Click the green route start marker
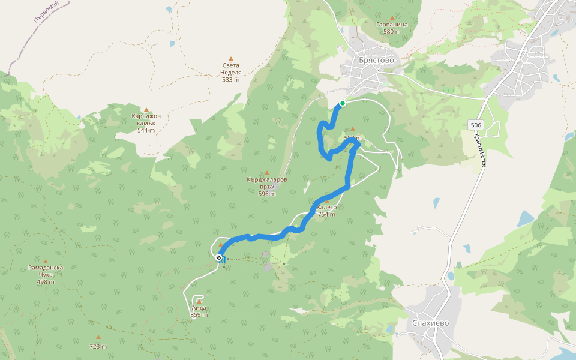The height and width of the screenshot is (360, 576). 342,103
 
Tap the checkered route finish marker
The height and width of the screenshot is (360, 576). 218,257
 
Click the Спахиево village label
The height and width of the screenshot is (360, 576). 430,323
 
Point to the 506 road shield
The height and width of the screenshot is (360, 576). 476,125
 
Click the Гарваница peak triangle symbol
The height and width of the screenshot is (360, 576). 392,18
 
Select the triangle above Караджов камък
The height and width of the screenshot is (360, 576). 146,110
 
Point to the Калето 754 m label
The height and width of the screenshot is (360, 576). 326,211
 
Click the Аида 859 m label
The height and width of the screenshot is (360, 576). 199,311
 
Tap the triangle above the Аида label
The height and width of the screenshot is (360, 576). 199,299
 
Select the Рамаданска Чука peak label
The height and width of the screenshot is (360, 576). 46,271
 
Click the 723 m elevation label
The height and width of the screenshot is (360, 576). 98,346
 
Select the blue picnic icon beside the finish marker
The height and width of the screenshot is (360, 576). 223,260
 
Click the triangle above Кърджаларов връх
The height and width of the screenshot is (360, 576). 267,173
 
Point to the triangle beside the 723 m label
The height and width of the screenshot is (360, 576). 98,337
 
